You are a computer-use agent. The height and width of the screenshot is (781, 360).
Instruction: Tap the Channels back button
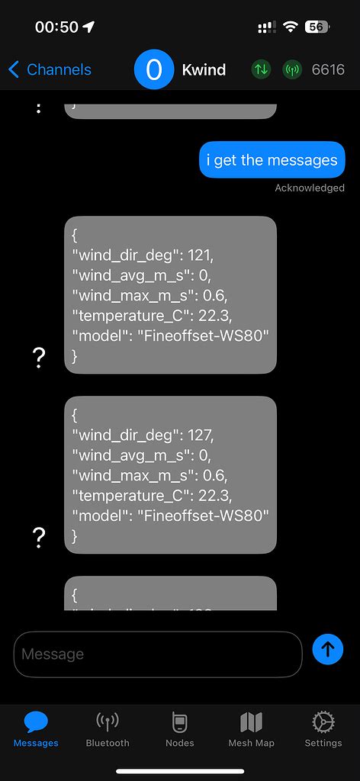tap(50, 69)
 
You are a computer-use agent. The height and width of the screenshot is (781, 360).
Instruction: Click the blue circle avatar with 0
tap(154, 69)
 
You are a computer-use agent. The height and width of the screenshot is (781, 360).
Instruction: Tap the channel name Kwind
tap(204, 69)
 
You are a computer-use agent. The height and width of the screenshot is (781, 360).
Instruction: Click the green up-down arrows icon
tap(262, 69)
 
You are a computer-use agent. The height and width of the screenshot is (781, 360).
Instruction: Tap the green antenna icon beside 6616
tap(292, 69)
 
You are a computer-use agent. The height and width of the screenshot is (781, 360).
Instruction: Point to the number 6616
tap(328, 69)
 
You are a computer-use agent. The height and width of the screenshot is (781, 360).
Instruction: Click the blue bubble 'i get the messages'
tap(272, 160)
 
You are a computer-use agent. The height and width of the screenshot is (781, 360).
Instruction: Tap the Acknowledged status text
tap(309, 188)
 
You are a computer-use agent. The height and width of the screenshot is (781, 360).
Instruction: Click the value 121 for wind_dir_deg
tap(204, 254)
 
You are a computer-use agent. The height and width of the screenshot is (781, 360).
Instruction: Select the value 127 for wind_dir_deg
tap(204, 435)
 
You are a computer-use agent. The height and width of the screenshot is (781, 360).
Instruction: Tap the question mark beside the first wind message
tap(40, 358)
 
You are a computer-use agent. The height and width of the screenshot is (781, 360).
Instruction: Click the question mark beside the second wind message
tap(40, 538)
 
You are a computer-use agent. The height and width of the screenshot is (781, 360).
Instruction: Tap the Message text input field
tap(158, 654)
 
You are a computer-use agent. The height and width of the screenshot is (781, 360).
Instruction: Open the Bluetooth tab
tap(108, 728)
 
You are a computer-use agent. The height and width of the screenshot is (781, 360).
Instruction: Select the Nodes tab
tap(180, 728)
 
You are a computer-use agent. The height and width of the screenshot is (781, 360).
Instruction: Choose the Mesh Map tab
tap(251, 728)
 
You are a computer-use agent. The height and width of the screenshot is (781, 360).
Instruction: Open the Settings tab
tap(323, 728)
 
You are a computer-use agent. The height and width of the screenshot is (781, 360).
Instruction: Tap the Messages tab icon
tap(36, 722)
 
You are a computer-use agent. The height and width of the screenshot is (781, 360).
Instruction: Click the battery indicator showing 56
tap(317, 27)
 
